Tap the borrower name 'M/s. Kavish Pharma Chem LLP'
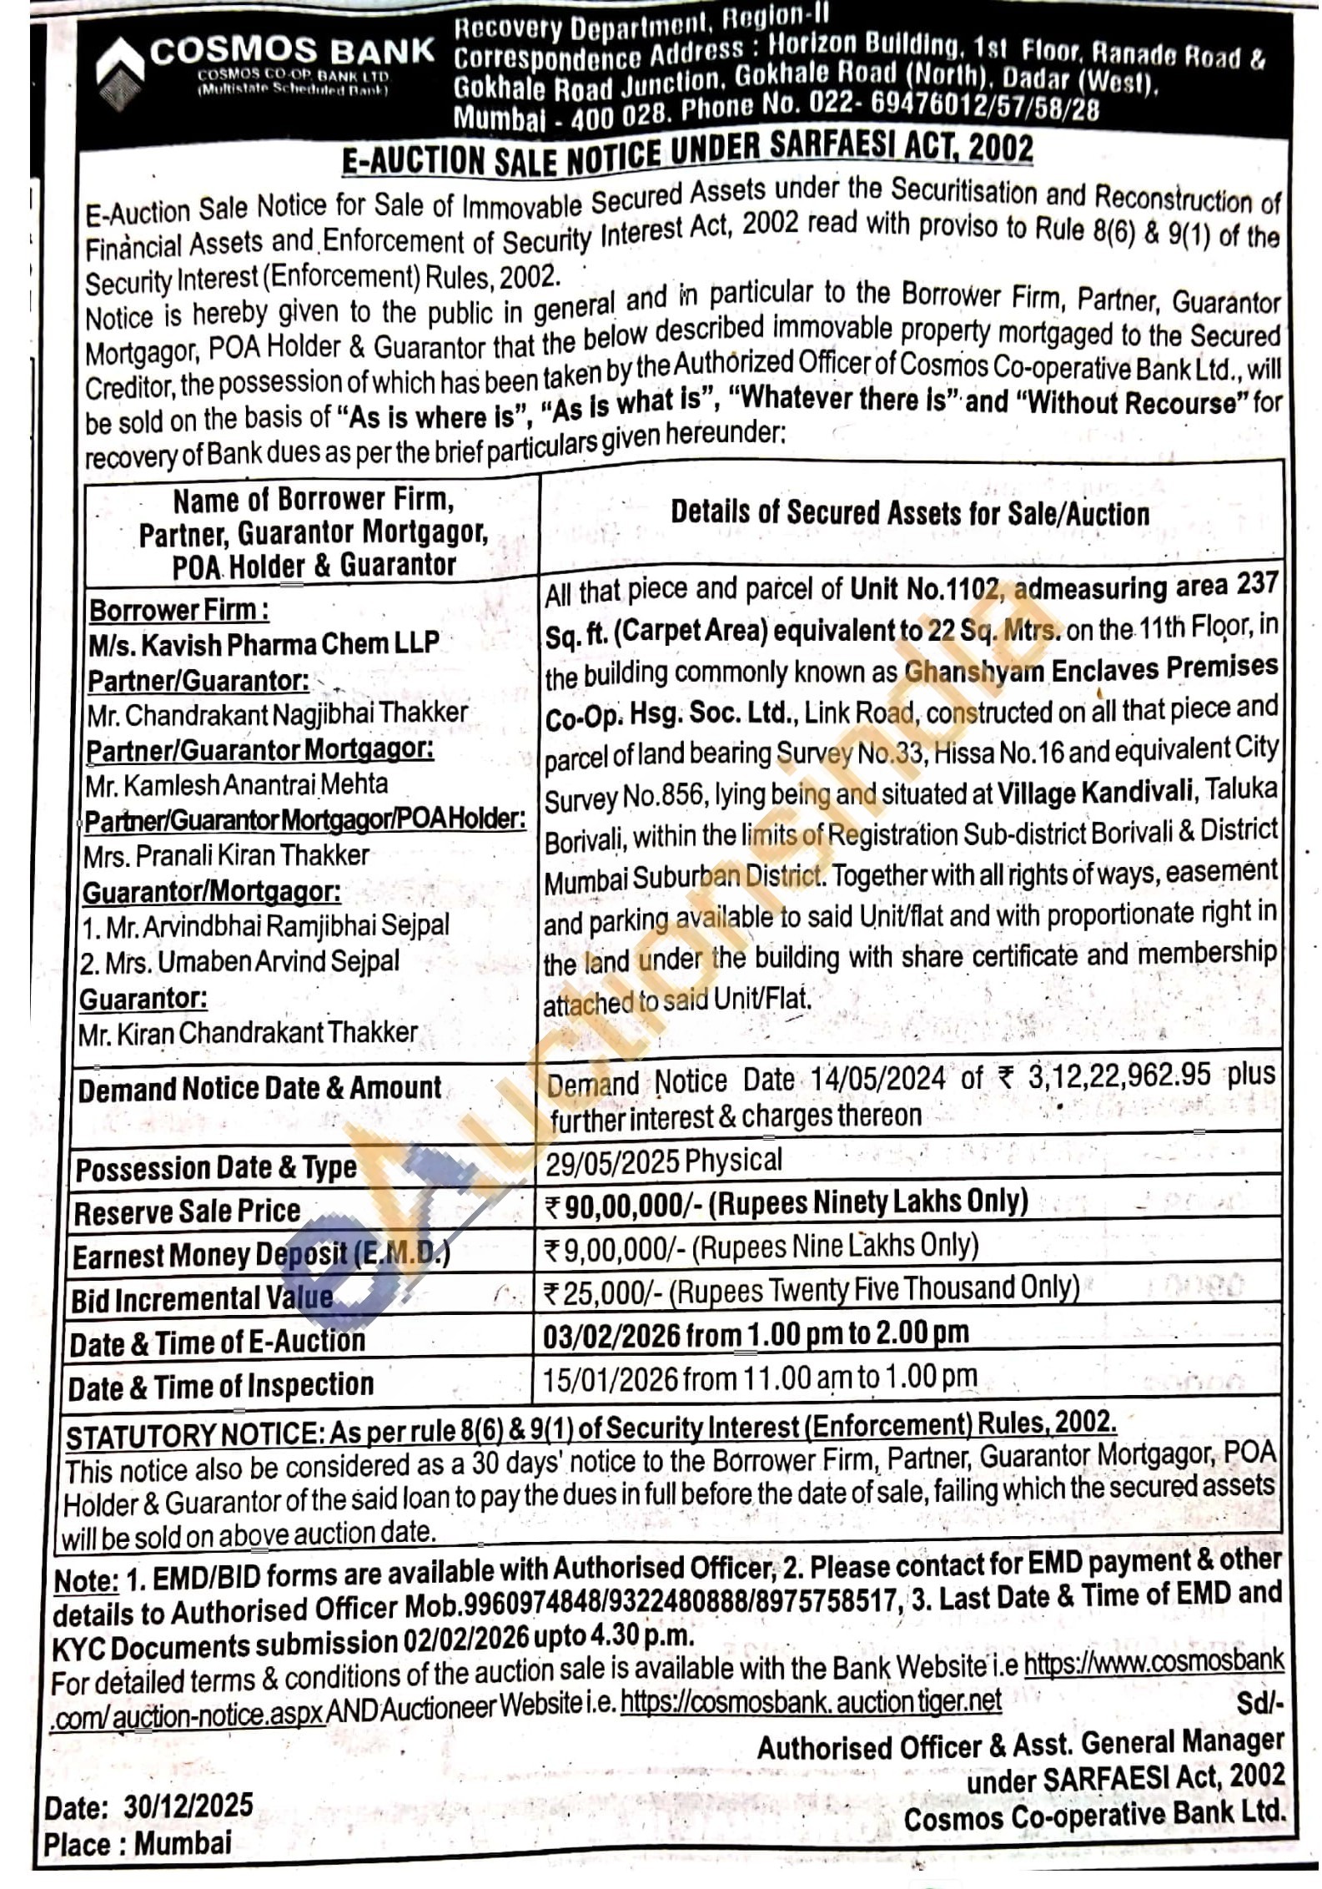[x=264, y=643]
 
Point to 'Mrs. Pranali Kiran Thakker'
[x=226, y=855]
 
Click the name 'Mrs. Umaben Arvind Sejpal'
[x=240, y=961]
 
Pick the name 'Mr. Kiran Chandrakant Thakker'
[x=248, y=1033]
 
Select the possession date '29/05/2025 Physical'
[x=664, y=1161]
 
